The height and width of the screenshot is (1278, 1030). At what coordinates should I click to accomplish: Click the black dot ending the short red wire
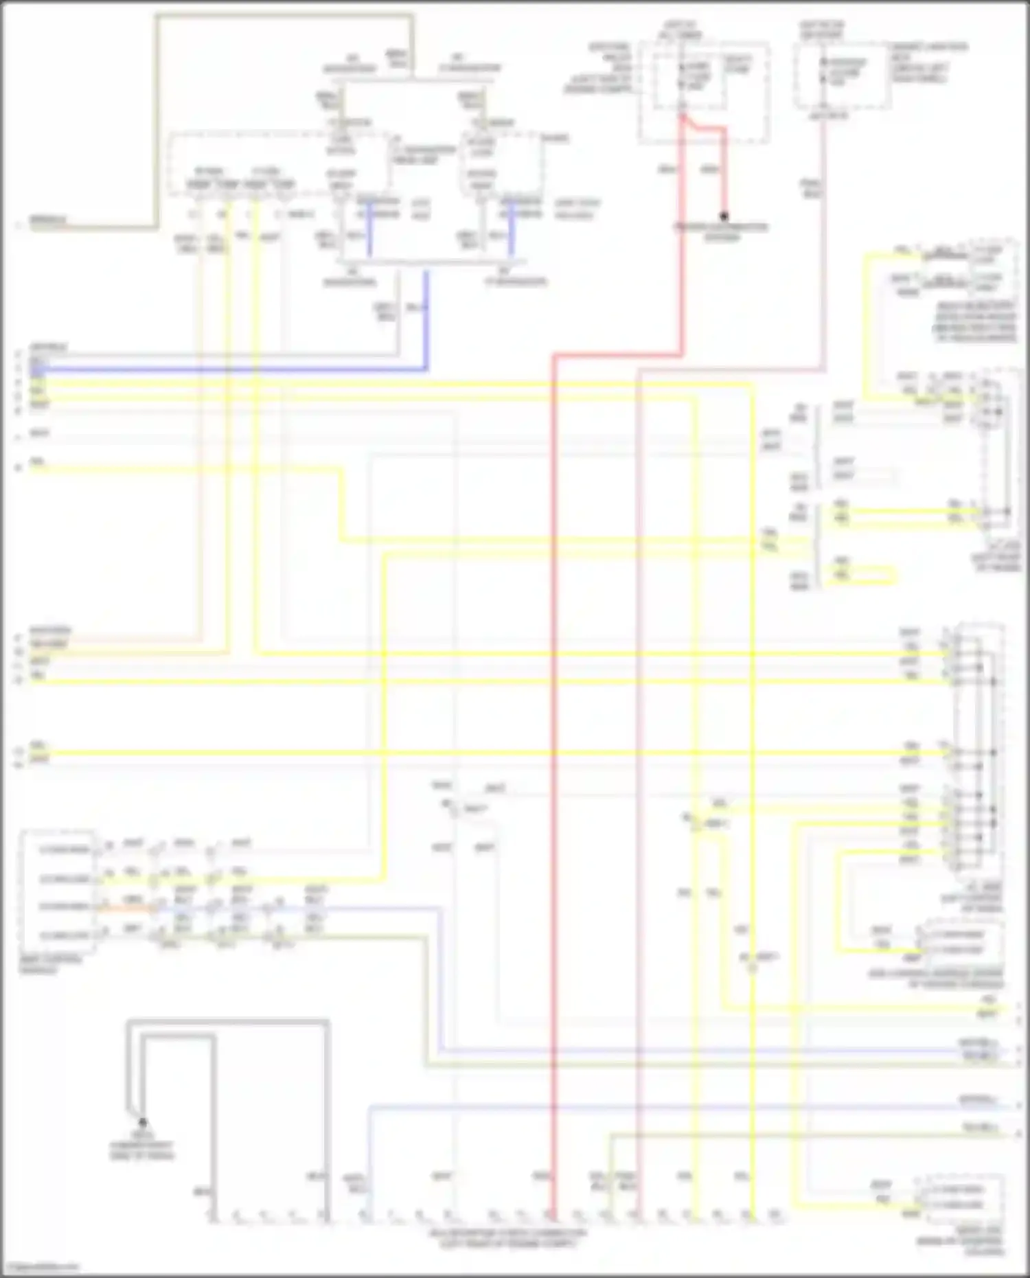click(x=723, y=216)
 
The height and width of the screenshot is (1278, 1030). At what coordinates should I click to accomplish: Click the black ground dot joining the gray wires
click(x=142, y=1123)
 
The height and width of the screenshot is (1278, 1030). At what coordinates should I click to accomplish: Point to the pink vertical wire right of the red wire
click(x=638, y=755)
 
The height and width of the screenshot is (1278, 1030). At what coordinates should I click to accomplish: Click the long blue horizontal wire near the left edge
click(x=227, y=369)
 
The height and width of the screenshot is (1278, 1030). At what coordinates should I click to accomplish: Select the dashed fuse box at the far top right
click(x=843, y=76)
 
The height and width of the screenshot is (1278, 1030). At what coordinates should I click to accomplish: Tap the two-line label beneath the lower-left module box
click(x=51, y=965)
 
